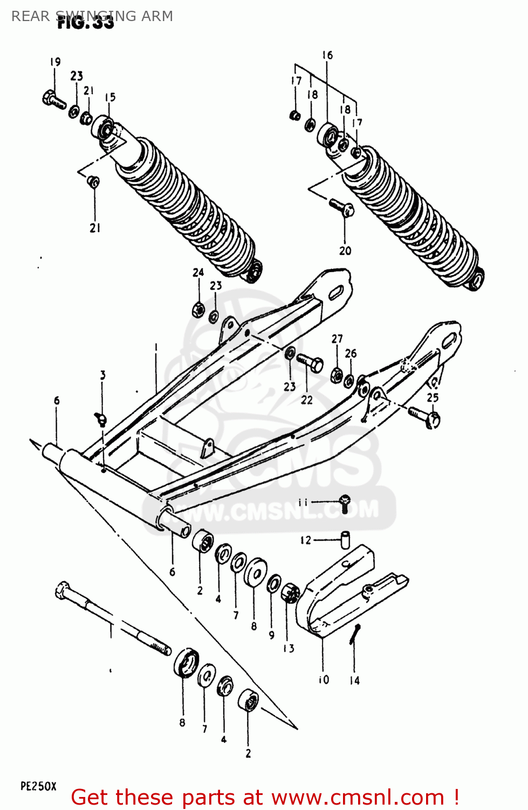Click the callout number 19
56,62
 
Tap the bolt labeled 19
53,99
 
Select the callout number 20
345,251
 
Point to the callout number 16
327,55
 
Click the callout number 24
198,272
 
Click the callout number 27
337,339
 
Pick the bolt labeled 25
425,416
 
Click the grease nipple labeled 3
100,417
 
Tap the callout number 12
306,540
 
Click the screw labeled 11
345,503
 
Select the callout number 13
289,648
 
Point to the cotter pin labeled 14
354,633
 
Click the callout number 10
324,680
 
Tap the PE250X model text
38,786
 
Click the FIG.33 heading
86,23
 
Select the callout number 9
271,635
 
